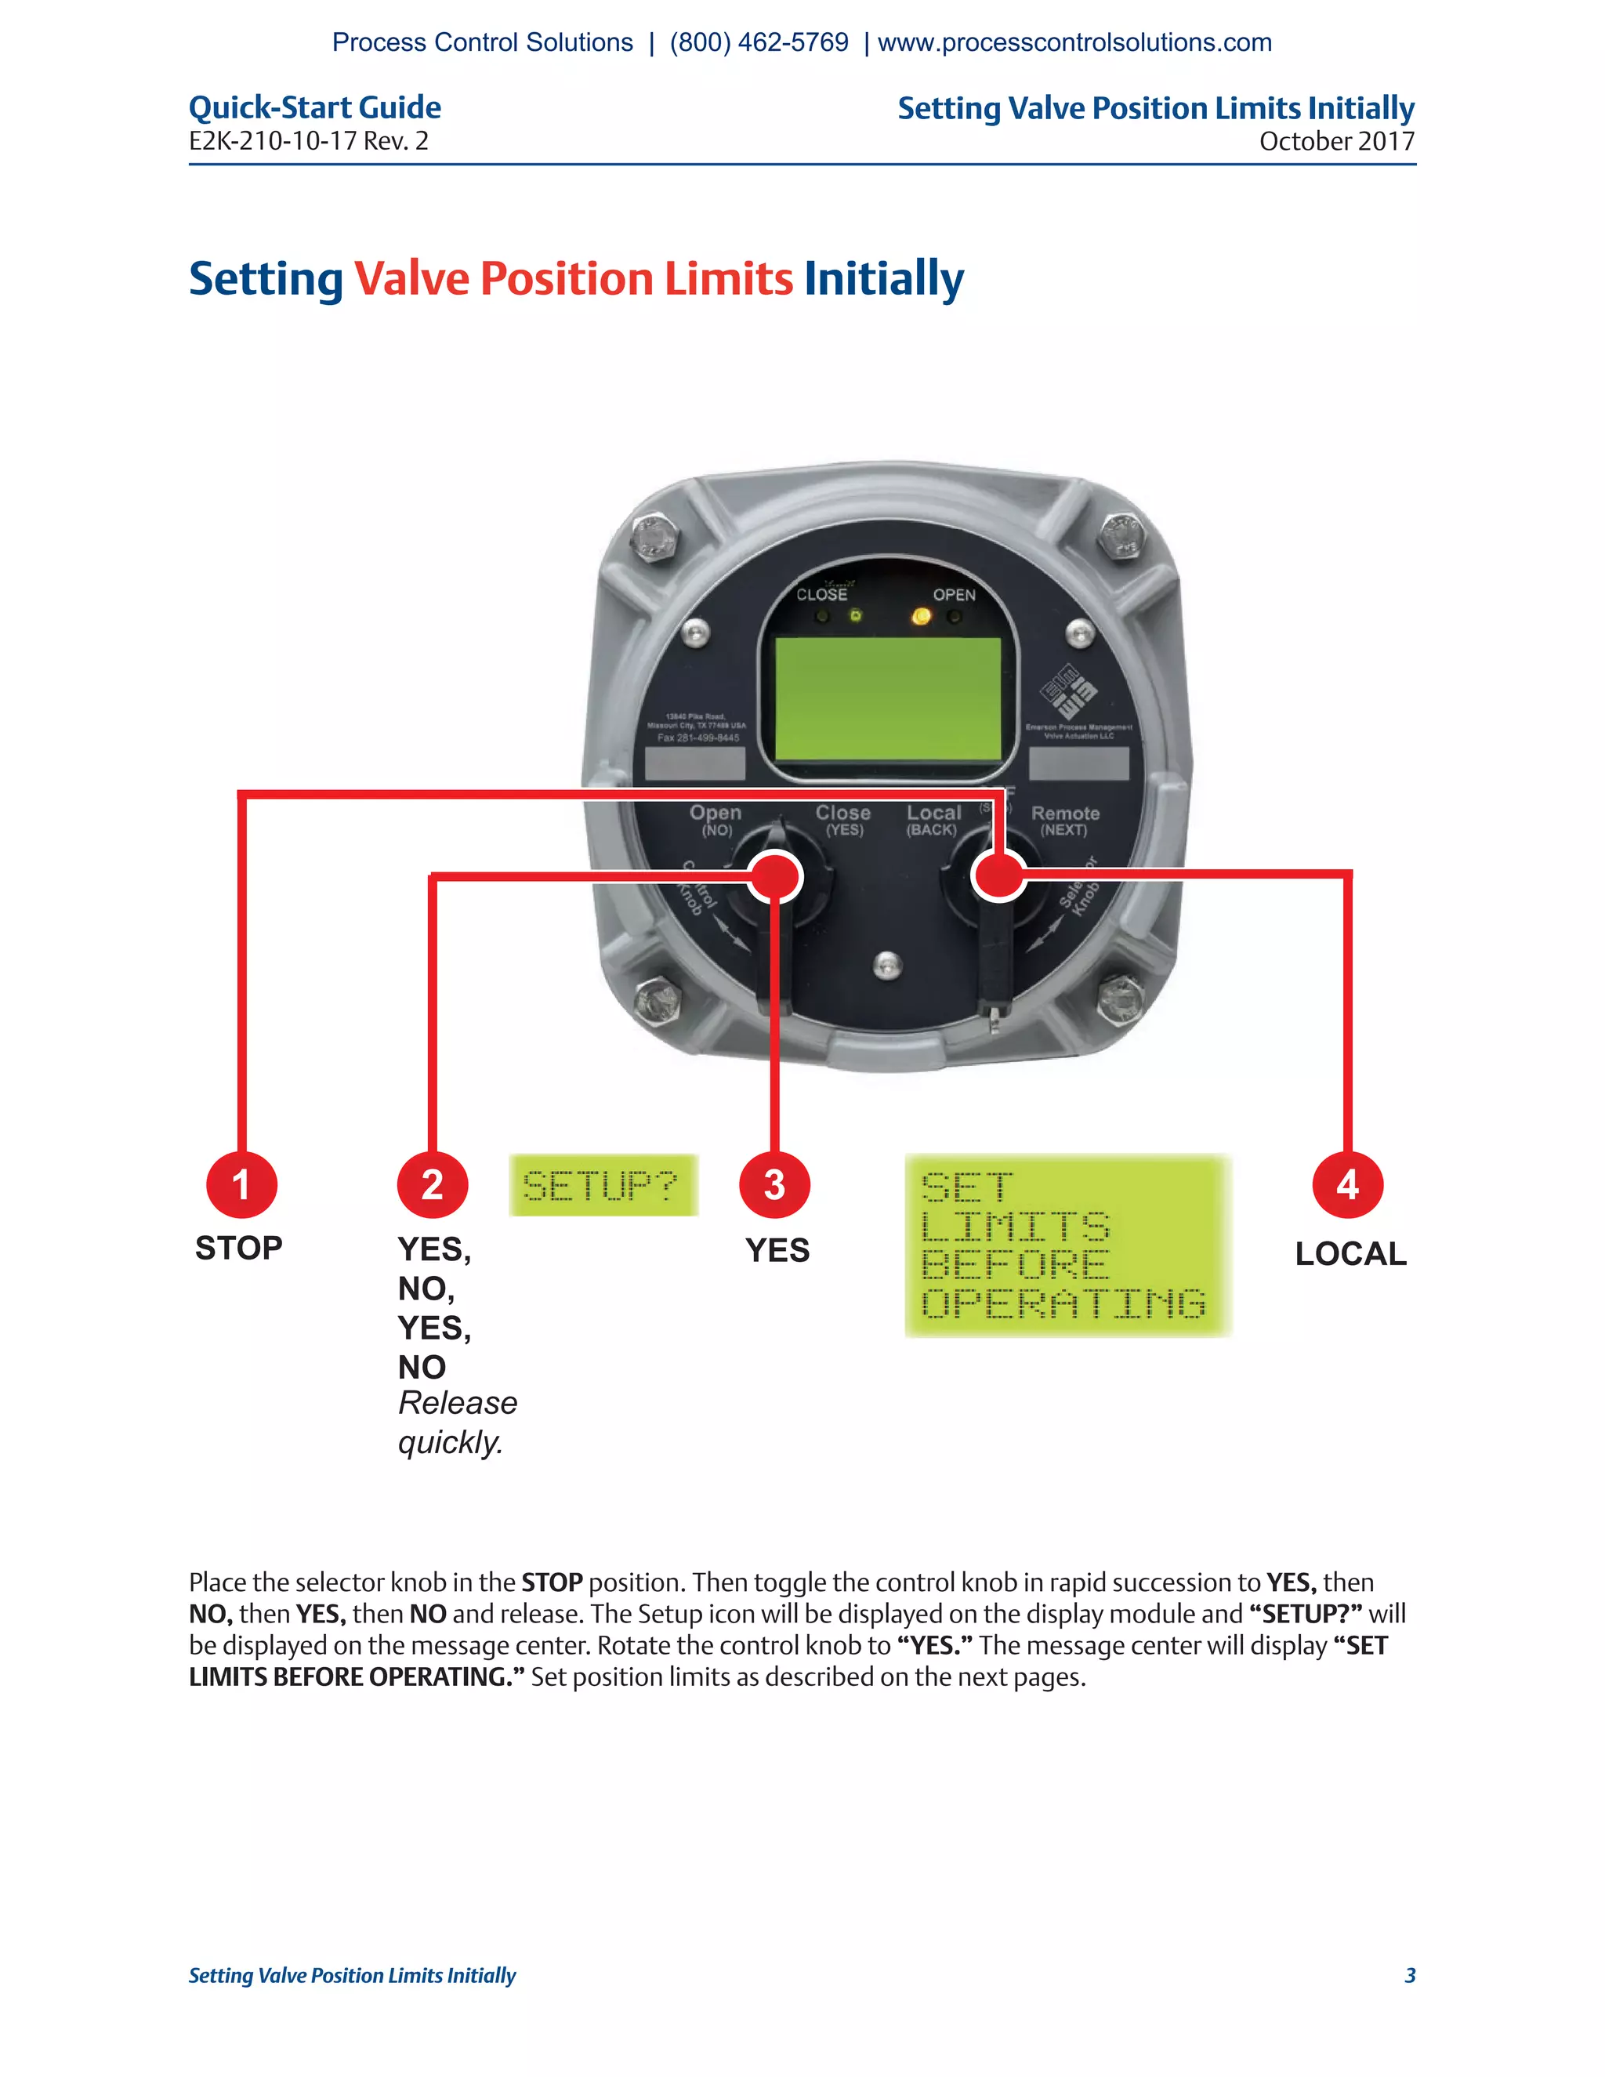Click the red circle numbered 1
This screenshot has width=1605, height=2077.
(x=241, y=1185)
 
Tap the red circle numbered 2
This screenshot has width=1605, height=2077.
(x=433, y=1185)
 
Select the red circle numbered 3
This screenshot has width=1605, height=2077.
(x=775, y=1185)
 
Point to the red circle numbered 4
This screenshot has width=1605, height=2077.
(x=1347, y=1185)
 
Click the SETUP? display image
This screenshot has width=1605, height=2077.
(x=603, y=1185)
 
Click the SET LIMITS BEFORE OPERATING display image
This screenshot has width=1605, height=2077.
(x=1068, y=1246)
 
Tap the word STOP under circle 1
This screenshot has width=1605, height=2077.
(x=239, y=1248)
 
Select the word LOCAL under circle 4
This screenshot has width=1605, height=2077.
(x=1350, y=1253)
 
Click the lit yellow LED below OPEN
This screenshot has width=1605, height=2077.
(x=920, y=616)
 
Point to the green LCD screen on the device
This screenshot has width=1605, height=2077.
(x=888, y=699)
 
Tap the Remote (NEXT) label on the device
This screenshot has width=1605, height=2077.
(x=1065, y=821)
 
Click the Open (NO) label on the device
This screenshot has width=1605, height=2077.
(x=716, y=821)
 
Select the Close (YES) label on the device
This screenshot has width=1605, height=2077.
(x=843, y=821)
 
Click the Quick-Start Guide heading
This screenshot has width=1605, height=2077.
(x=315, y=107)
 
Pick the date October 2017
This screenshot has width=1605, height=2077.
(x=1336, y=142)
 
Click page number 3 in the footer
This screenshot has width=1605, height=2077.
(x=1410, y=1975)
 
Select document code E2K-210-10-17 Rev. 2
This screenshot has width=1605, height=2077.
(x=308, y=142)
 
